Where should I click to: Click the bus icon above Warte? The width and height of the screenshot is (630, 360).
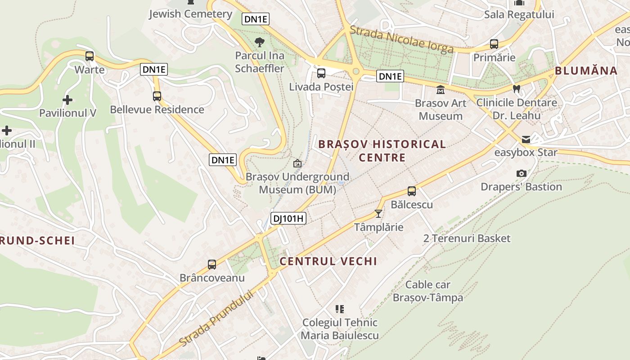pyautogui.click(x=90, y=56)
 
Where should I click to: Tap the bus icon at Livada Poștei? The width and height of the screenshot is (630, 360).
pyautogui.click(x=321, y=73)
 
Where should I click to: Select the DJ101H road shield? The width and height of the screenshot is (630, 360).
pyautogui.click(x=288, y=219)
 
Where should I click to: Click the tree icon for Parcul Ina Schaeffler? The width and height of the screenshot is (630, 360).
pyautogui.click(x=260, y=42)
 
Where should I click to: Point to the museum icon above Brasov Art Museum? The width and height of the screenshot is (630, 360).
pyautogui.click(x=441, y=90)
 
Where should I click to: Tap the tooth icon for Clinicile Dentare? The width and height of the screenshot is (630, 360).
pyautogui.click(x=517, y=89)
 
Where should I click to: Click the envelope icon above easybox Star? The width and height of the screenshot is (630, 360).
pyautogui.click(x=526, y=139)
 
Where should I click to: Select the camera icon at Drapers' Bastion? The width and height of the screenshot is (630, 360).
pyautogui.click(x=522, y=173)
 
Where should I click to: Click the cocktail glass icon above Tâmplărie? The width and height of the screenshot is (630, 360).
pyautogui.click(x=378, y=213)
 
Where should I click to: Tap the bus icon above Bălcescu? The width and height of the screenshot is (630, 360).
pyautogui.click(x=412, y=191)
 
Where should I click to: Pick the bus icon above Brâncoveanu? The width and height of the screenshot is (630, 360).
pyautogui.click(x=212, y=265)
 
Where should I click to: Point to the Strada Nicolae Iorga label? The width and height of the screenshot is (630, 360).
pyautogui.click(x=401, y=39)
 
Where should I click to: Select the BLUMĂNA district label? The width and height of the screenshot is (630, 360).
pyautogui.click(x=586, y=71)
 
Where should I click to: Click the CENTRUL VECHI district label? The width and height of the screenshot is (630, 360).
pyautogui.click(x=328, y=261)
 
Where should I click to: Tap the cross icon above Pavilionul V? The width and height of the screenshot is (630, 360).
pyautogui.click(x=67, y=99)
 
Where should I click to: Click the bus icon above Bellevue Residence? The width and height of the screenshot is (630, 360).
pyautogui.click(x=157, y=96)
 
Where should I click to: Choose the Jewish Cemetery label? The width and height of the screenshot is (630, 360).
pyautogui.click(x=190, y=14)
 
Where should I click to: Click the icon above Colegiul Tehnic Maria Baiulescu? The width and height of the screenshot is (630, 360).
pyautogui.click(x=340, y=309)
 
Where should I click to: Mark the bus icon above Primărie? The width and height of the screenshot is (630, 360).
pyautogui.click(x=494, y=44)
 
